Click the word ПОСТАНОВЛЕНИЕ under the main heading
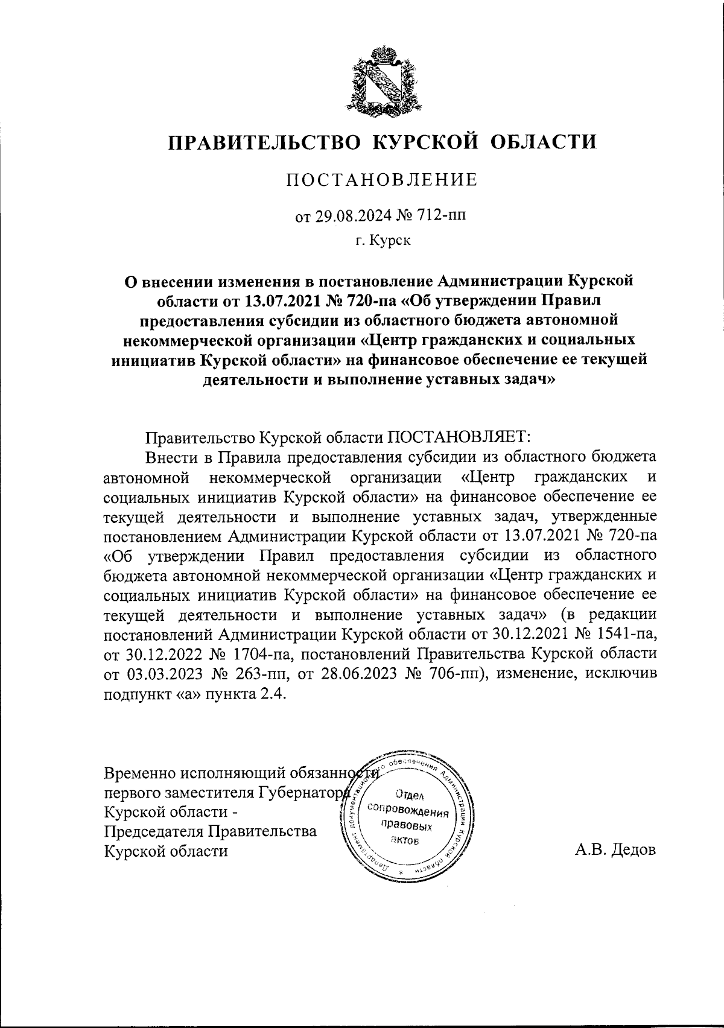(381, 180)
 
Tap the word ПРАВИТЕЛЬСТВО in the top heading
(263, 142)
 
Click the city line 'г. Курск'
(381, 241)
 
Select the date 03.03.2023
(159, 674)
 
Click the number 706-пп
(448, 674)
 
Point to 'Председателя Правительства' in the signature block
(210, 831)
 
